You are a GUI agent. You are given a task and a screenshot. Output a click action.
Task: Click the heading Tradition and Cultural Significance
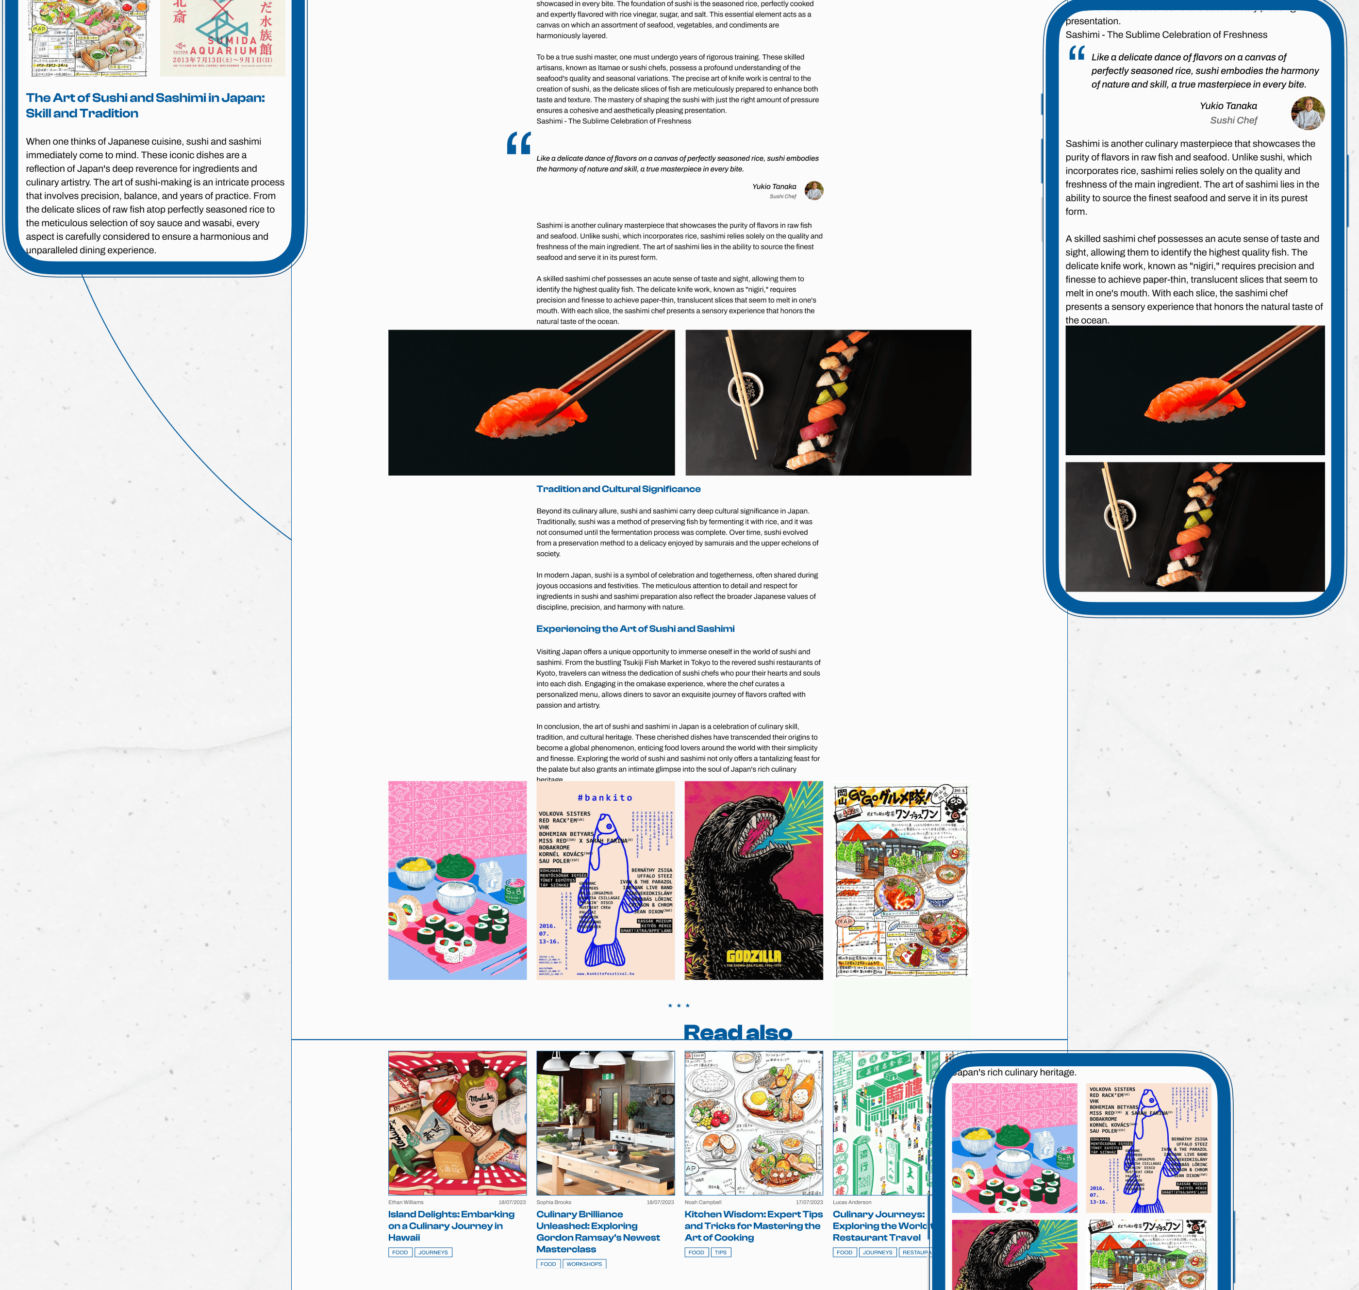coord(618,489)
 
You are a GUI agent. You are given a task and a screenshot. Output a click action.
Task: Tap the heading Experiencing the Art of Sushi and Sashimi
coord(635,628)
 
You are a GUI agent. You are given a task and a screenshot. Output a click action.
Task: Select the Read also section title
coord(737,1031)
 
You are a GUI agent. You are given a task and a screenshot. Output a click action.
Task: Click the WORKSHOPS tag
coord(584,1264)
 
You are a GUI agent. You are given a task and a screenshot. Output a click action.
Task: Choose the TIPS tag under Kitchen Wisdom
coord(720,1252)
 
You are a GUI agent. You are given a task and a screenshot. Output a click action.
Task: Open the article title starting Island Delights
coord(450,1225)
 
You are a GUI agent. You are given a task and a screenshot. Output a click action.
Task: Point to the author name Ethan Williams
coord(406,1202)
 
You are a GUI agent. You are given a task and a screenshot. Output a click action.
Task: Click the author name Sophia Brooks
coord(554,1202)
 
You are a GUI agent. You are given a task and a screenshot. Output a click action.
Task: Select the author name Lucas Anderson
coord(851,1202)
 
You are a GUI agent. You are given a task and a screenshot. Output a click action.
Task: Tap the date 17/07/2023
coord(809,1202)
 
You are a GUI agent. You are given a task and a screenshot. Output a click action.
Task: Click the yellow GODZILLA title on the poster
coord(754,955)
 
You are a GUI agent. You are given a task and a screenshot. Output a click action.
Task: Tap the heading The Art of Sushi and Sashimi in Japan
coord(145,105)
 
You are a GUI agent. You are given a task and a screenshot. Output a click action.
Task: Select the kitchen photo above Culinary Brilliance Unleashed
coord(605,1122)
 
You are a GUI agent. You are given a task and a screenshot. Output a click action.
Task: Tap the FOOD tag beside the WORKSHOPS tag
coord(548,1264)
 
